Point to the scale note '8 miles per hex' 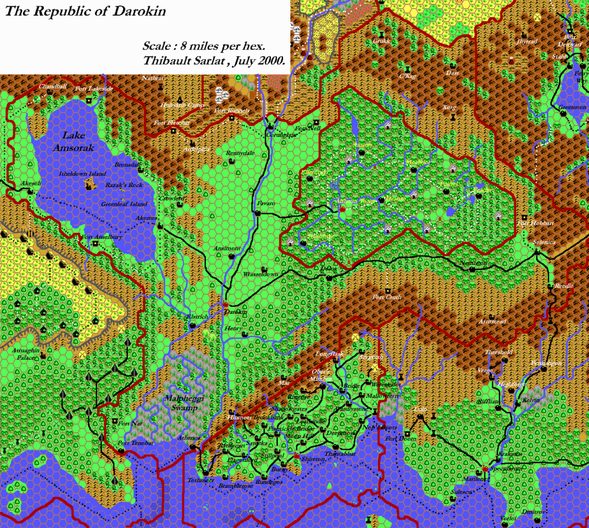click(212, 45)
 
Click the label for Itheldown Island click(82, 174)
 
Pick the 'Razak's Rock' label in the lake click(124, 185)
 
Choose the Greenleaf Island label click(124, 204)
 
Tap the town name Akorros click(146, 218)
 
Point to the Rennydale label click(240, 153)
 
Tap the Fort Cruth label click(387, 297)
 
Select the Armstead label click(492, 322)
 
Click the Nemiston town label click(473, 263)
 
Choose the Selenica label click(544, 242)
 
